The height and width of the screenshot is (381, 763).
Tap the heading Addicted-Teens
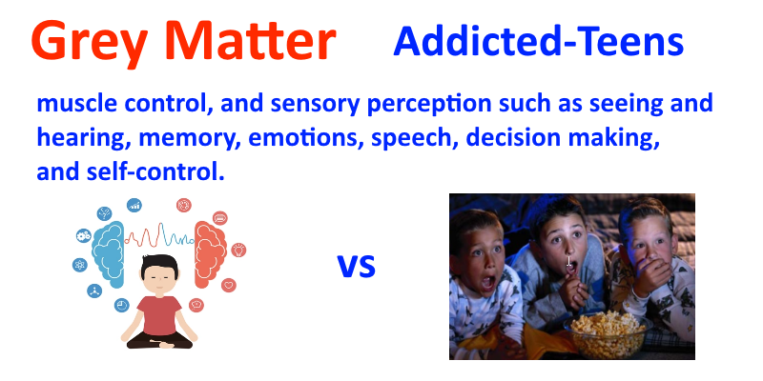[539, 41]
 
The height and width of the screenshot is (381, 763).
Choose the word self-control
[155, 172]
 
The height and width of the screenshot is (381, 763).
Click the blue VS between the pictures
[357, 267]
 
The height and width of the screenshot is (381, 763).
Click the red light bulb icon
[238, 250]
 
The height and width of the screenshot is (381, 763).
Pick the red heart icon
[229, 285]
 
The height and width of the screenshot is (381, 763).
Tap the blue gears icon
[84, 236]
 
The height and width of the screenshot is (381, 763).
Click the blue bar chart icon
[134, 205]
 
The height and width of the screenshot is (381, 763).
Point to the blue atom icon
[80, 265]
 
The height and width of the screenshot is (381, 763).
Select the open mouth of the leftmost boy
[488, 283]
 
